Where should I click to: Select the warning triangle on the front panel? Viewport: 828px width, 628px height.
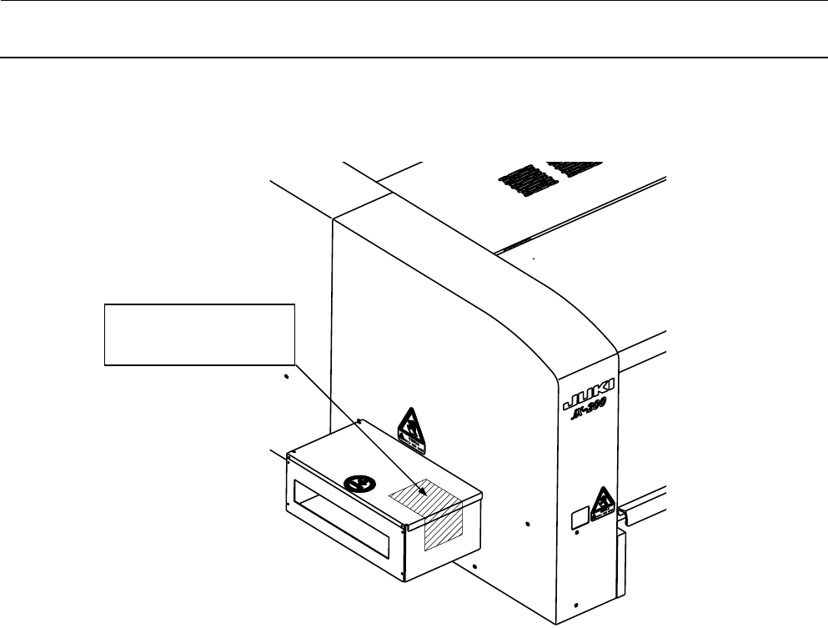coord(601,503)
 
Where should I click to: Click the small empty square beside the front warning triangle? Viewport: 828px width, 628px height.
coord(577,520)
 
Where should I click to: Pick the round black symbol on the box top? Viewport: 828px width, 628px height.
coord(359,483)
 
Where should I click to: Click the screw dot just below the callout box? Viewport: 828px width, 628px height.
coord(285,377)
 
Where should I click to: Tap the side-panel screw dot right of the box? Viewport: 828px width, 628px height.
coord(528,525)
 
